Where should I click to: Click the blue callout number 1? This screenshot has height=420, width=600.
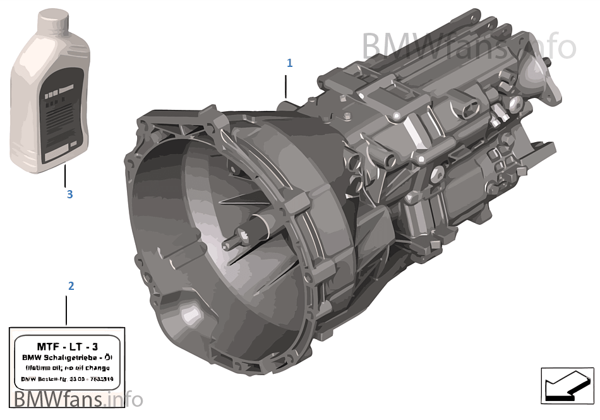[x=290, y=63]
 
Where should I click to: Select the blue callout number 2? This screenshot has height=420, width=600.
[x=71, y=286]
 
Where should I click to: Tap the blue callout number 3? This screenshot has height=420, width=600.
[x=69, y=195]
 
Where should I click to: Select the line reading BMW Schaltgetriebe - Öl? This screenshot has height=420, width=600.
[x=67, y=357]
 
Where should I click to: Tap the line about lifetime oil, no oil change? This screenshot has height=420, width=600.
[x=67, y=368]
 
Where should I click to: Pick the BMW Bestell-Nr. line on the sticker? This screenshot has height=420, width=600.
[x=67, y=379]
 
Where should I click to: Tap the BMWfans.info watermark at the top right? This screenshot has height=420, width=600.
[x=469, y=46]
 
